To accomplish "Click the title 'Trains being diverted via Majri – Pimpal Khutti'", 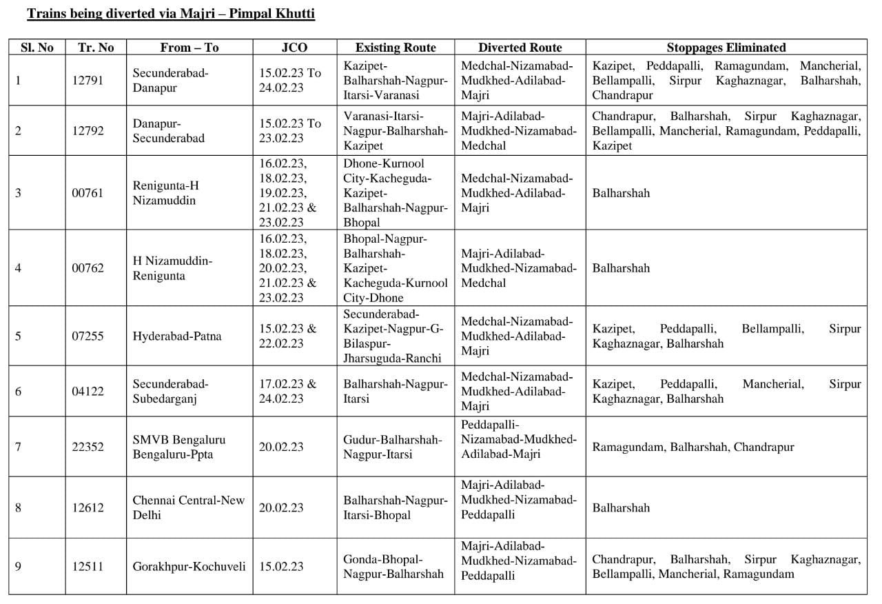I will coord(171,14).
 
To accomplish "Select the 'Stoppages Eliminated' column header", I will coord(726,48).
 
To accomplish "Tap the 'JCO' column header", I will coord(294,48).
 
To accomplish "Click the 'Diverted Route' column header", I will coord(520,48).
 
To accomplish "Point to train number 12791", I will coord(88,80).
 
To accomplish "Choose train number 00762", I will coord(88,268).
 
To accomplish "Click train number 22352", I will coord(88,447).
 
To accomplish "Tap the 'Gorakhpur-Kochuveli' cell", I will coord(189,566).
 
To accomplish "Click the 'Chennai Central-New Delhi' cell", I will coord(188,507).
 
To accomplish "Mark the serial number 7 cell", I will coord(18,447).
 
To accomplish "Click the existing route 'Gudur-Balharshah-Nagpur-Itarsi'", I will coord(392,447).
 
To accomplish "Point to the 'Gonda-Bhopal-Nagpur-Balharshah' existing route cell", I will coord(393,566).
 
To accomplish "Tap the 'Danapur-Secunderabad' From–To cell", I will coord(169,130).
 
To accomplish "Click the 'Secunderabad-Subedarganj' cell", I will coord(170,391).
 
